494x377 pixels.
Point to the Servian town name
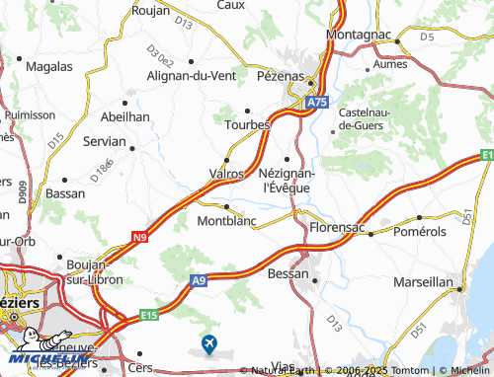coord(104,142)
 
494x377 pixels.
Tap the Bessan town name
coord(289,273)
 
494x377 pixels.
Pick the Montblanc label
coord(227,221)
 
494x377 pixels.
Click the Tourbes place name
coord(247,125)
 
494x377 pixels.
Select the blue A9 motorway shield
coord(199,281)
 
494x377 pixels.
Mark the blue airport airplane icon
coord(209,343)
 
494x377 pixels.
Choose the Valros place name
coord(227,174)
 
